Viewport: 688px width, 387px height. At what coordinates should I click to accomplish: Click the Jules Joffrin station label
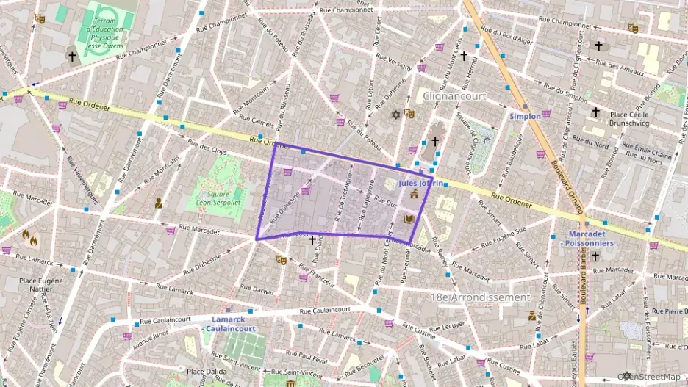coord(421,183)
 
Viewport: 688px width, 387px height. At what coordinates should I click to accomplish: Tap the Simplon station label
coord(525,116)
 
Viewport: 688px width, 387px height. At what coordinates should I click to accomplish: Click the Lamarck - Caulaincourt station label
coord(233,324)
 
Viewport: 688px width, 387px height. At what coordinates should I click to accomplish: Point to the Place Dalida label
coord(204,372)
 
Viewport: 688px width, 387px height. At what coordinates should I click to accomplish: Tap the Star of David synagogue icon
coord(395,115)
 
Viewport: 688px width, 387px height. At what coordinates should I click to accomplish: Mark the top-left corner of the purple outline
coord(276,144)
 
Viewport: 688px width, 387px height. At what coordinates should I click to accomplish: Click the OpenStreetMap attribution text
coord(649,376)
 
